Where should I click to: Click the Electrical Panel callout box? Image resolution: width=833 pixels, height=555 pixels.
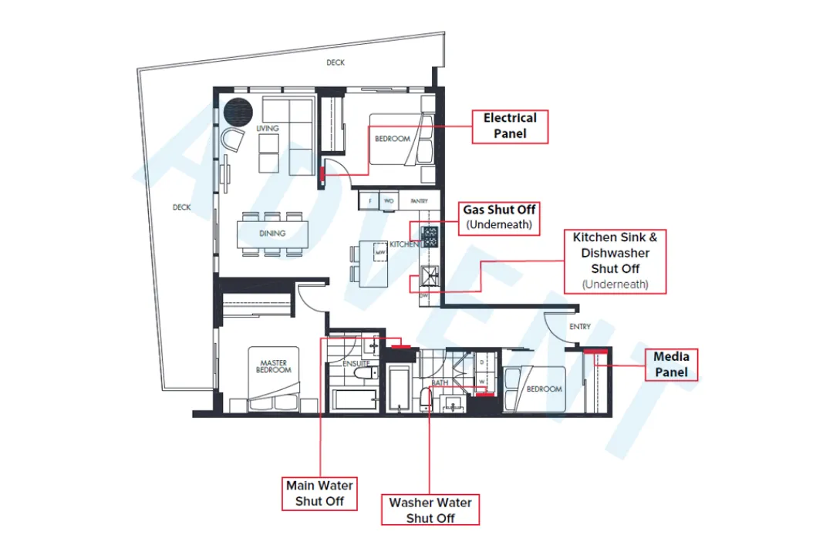click(x=510, y=126)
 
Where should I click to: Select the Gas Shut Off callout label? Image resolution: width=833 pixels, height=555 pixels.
click(x=499, y=217)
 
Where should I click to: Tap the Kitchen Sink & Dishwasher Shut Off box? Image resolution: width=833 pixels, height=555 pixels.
click(x=615, y=261)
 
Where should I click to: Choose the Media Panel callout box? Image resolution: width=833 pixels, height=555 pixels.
click(x=671, y=364)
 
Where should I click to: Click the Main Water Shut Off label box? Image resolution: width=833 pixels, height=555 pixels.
click(x=319, y=493)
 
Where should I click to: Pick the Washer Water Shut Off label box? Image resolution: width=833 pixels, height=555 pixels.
click(x=430, y=510)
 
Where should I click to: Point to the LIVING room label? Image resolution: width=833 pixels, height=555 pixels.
click(x=268, y=128)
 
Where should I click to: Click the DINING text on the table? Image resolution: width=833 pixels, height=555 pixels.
click(x=271, y=233)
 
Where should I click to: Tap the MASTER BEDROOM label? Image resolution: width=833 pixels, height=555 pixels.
click(x=273, y=367)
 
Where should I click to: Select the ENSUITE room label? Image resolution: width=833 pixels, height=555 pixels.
click(x=356, y=362)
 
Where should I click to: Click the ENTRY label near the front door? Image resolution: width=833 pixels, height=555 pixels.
click(x=579, y=327)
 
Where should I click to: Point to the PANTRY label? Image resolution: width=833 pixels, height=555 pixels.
click(x=419, y=200)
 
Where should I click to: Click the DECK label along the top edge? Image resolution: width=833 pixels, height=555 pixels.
click(x=335, y=62)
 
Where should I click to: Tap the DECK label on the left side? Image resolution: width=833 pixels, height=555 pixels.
click(x=181, y=207)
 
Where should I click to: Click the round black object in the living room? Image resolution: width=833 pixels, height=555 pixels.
click(x=238, y=112)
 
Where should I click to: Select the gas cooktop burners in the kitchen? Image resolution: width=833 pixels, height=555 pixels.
click(x=430, y=237)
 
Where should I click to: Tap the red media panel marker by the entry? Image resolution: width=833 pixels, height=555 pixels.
click(x=592, y=351)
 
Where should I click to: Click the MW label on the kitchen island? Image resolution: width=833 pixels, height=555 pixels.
click(x=379, y=252)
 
